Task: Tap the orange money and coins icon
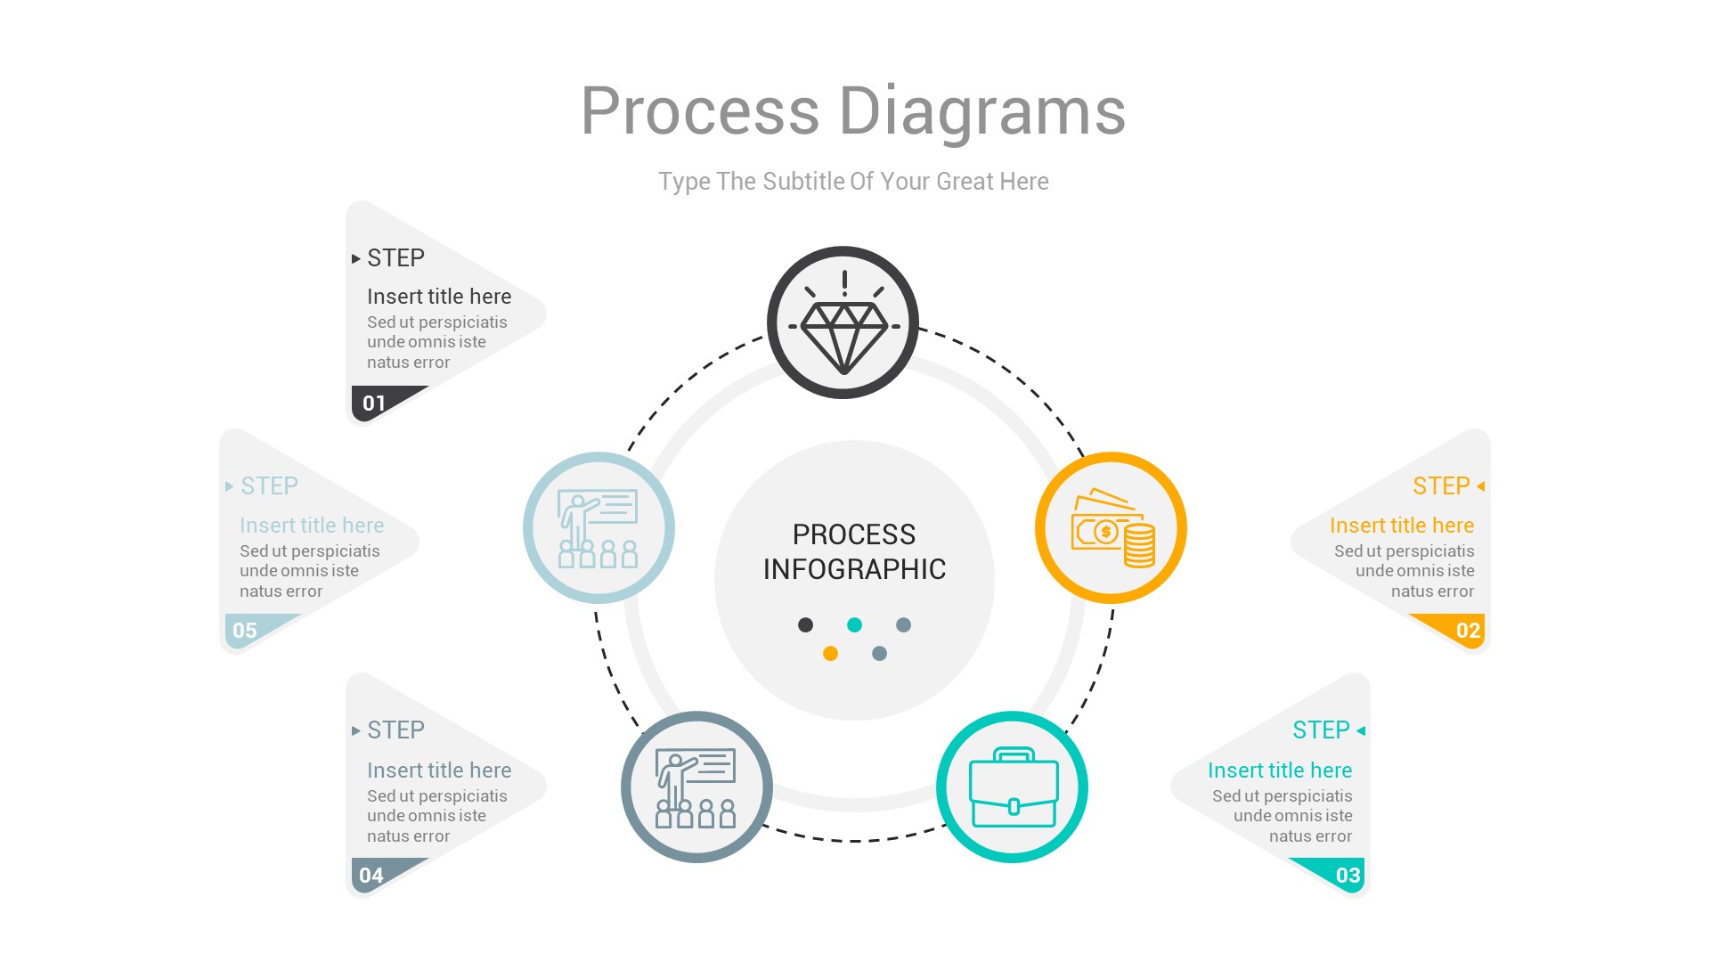[1111, 528]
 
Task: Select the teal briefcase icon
[1013, 787]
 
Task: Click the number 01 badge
[374, 404]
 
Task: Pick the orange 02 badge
[1468, 631]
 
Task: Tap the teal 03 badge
[1348, 875]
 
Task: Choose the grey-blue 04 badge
[371, 876]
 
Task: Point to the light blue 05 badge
[245, 631]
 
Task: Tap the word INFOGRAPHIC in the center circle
[854, 569]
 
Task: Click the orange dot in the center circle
[830, 654]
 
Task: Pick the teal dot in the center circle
[854, 625]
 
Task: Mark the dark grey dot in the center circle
[805, 625]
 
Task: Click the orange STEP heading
[1440, 486]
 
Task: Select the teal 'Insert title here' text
[1279, 770]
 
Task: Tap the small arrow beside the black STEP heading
[356, 259]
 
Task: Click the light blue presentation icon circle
[598, 528]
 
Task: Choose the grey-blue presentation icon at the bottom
[696, 787]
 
